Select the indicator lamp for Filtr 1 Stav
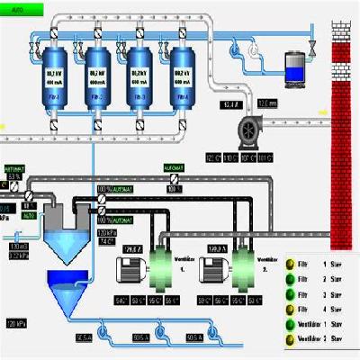(x=291, y=264)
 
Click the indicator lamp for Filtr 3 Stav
(x=291, y=292)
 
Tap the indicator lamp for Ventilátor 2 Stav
(x=291, y=337)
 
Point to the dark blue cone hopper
(x=73, y=288)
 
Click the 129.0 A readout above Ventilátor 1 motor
(x=133, y=247)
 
